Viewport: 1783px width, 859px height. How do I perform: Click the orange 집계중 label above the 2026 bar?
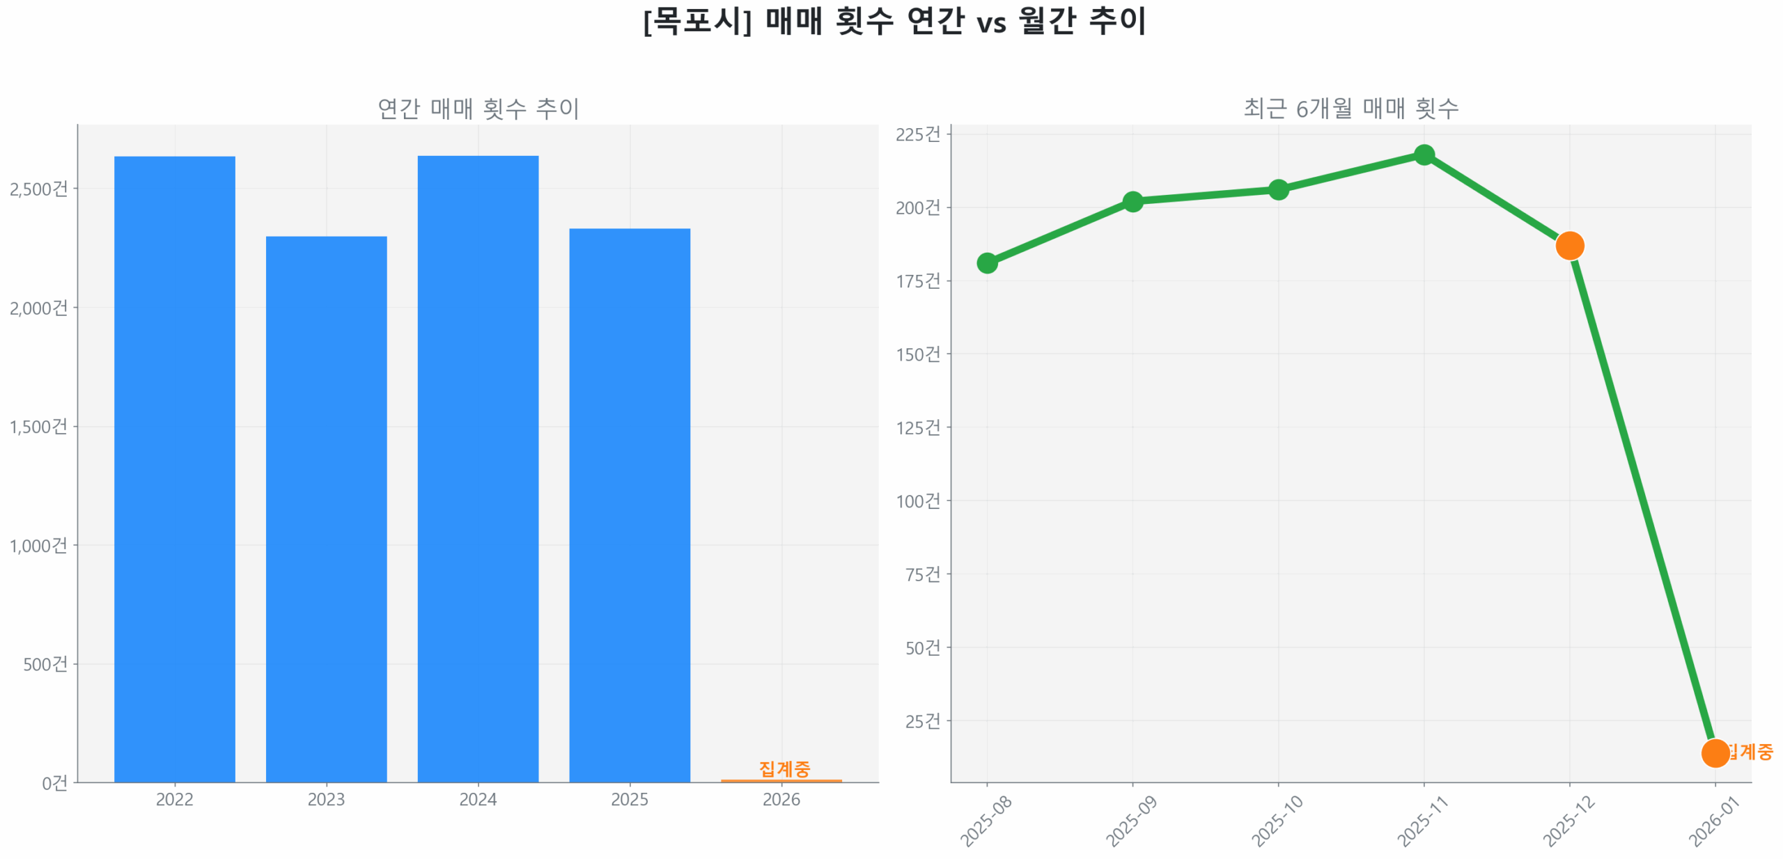784,768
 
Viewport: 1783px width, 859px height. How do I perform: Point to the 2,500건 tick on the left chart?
39,189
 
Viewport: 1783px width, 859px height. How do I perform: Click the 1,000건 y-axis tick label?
39,545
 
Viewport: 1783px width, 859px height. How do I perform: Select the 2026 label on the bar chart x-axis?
781,798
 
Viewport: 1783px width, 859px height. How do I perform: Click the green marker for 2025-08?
986,262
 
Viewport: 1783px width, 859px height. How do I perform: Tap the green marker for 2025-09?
1132,201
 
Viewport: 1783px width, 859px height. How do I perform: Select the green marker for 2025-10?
1277,189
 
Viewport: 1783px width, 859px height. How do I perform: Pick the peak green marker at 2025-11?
1424,155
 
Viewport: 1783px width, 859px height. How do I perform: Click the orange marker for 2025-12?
1568,245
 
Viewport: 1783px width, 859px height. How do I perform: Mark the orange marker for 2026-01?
1714,752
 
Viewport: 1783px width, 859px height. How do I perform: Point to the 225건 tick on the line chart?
917,134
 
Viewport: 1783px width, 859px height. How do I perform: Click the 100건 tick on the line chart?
917,501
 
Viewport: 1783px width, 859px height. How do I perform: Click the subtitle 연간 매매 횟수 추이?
478,109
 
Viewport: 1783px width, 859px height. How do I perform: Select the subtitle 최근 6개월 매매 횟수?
1350,109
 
